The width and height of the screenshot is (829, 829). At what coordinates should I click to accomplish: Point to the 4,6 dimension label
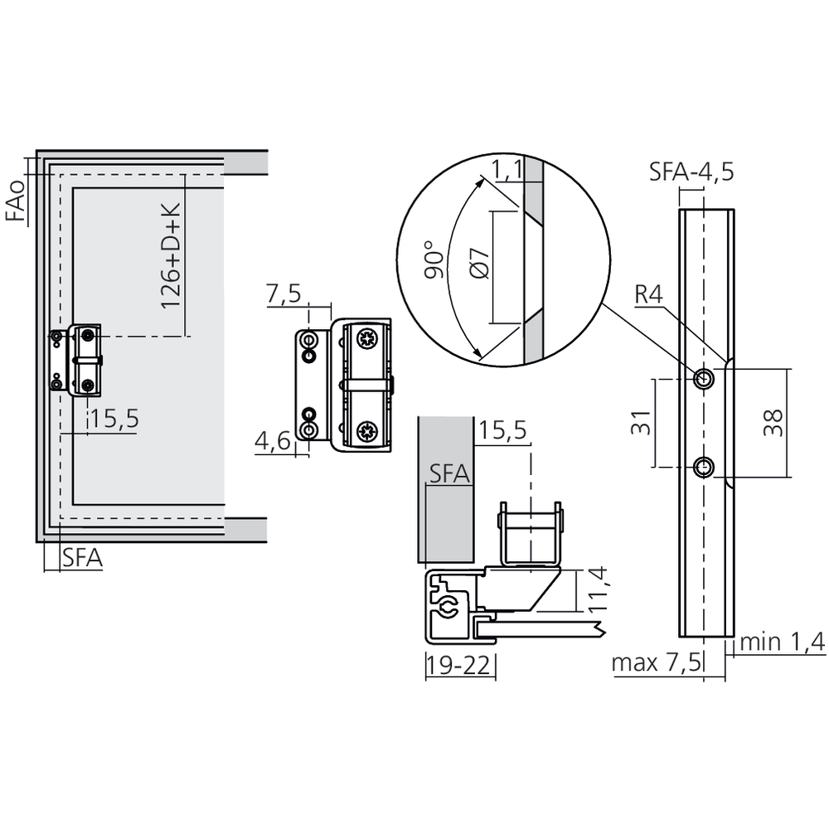pos(272,441)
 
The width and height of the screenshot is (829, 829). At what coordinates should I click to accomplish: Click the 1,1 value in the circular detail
pos(507,171)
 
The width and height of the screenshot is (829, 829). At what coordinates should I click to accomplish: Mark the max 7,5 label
pos(657,663)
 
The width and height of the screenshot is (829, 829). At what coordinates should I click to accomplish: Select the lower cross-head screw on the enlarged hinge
pos(366,431)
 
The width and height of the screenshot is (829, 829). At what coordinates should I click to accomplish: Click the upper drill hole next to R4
pos(704,379)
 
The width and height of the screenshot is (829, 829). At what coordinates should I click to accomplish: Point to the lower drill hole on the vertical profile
pos(704,468)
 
